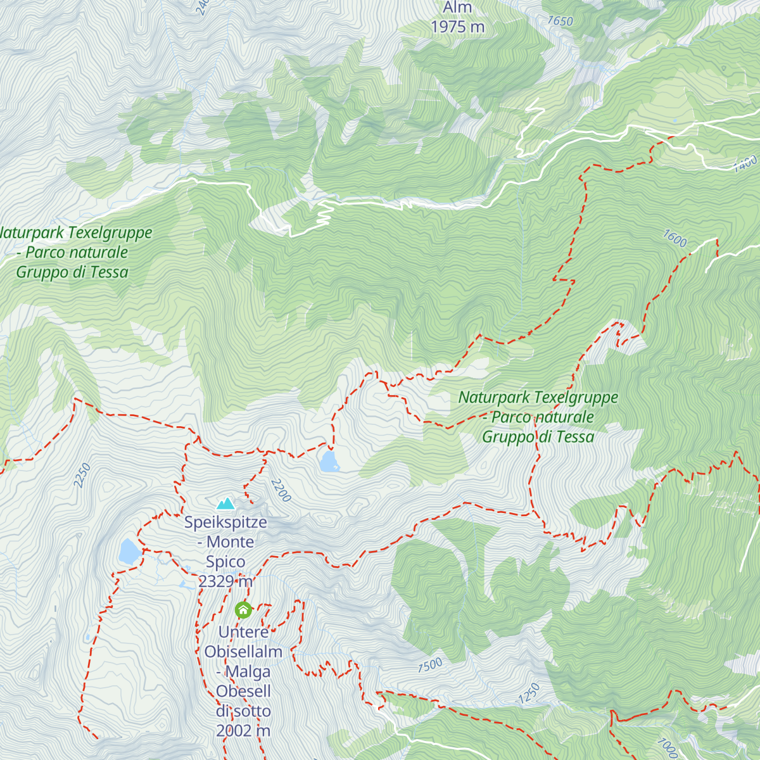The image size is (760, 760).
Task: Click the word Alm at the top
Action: [x=457, y=8]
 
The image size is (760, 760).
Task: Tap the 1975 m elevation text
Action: [x=457, y=27]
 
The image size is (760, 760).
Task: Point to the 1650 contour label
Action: [x=560, y=21]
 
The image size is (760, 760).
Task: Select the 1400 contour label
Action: [x=745, y=163]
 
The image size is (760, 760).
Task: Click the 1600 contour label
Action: [x=674, y=239]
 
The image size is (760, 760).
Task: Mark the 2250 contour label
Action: [x=82, y=476]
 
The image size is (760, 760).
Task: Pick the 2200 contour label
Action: [x=281, y=490]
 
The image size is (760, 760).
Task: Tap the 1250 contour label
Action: [x=529, y=693]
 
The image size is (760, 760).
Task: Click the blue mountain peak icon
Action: [x=225, y=504]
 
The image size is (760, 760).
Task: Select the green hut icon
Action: [x=243, y=610]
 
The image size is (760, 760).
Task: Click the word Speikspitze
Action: [x=225, y=522]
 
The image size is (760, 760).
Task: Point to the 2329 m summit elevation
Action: [x=225, y=581]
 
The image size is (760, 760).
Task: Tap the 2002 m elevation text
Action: [x=243, y=730]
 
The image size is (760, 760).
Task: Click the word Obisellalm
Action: [x=243, y=651]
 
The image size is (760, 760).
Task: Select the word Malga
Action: [x=248, y=671]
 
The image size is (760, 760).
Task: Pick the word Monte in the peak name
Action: [x=230, y=542]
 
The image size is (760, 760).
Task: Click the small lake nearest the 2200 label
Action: [x=329, y=462]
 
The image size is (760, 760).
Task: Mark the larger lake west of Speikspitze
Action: [x=129, y=552]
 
